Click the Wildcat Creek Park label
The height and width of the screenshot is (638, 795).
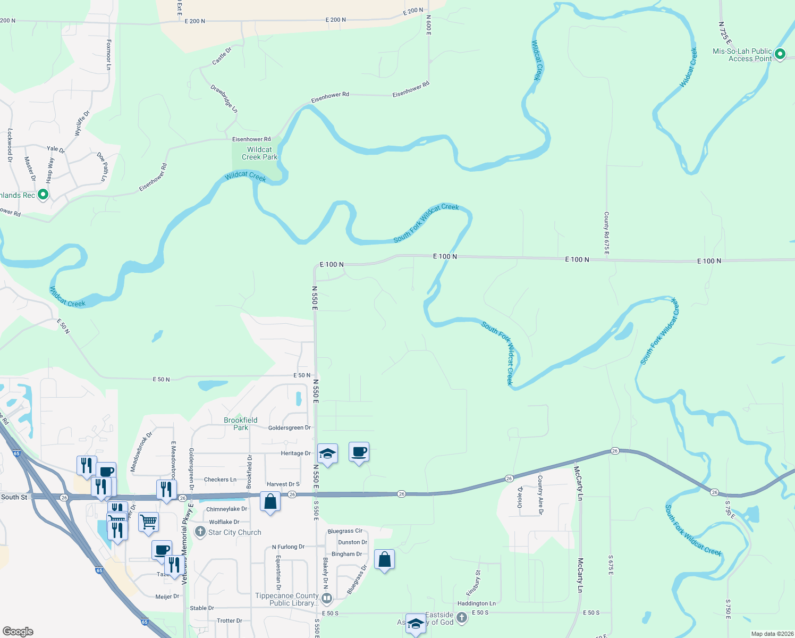[259, 154]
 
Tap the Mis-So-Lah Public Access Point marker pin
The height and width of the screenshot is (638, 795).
[780, 54]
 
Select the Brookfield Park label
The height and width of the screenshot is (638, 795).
[240, 424]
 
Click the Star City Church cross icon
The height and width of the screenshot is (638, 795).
[200, 532]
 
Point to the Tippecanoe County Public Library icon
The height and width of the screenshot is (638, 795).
[327, 599]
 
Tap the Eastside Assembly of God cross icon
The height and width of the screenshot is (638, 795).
[462, 617]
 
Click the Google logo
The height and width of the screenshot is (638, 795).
[18, 632]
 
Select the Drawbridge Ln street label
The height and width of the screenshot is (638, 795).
[224, 98]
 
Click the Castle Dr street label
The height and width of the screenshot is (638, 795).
[222, 56]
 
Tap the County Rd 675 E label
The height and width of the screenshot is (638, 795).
[606, 232]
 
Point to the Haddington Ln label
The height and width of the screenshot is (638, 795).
[477, 603]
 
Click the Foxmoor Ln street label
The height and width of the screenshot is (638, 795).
[108, 55]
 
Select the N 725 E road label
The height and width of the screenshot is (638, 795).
[725, 33]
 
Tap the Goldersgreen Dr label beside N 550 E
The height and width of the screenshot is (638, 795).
[289, 427]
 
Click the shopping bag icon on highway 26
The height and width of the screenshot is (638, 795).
[270, 501]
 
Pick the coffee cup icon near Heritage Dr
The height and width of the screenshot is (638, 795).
[359, 452]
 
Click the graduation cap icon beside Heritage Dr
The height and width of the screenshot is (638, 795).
[327, 454]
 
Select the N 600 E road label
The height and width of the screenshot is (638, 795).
[428, 25]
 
